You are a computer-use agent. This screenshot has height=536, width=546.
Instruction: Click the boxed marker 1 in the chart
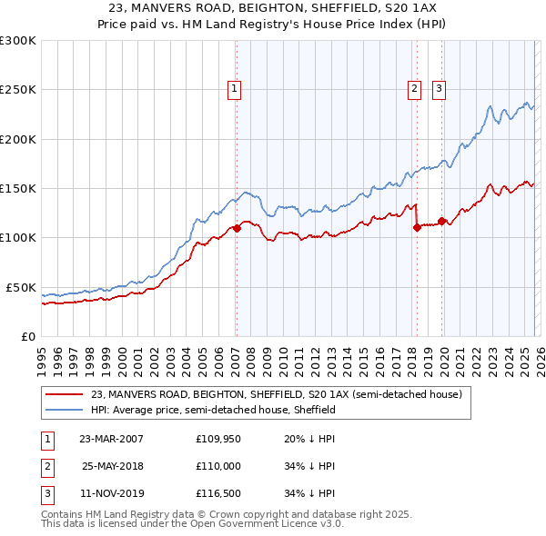coord(235,88)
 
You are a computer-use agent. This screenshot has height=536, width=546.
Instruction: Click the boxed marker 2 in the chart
coord(414,88)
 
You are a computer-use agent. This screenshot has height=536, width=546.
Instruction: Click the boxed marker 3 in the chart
coord(439,88)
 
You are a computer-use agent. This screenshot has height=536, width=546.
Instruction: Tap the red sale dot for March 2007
coord(237,228)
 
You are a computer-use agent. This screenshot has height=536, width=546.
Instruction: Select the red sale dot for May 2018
coord(417,228)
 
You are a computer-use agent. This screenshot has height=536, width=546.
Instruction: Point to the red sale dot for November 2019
coord(441,221)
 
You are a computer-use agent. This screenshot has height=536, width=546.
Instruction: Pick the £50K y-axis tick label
coord(21,287)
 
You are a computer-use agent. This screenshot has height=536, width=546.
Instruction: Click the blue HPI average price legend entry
coord(214,410)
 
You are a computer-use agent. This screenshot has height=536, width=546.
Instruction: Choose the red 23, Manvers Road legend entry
coord(277,394)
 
